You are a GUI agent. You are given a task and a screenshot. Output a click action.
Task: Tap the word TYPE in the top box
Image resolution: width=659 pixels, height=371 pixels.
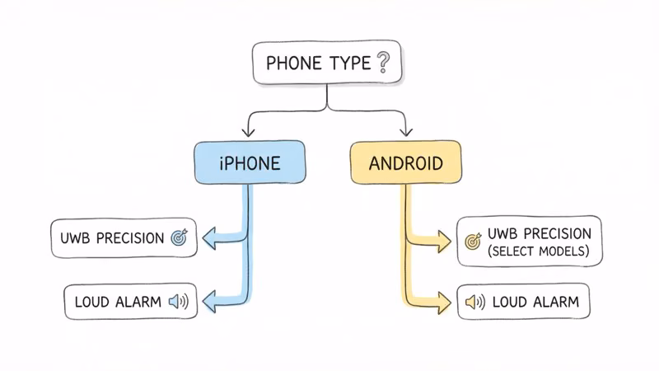pos(350,63)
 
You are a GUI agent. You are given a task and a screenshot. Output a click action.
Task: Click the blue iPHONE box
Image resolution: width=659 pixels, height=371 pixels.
pos(249,162)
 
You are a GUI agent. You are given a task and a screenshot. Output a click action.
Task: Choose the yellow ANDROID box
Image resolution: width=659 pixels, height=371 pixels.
pos(406,162)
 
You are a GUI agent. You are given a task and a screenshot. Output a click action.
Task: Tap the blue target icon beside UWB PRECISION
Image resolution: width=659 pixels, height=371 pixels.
pos(179,238)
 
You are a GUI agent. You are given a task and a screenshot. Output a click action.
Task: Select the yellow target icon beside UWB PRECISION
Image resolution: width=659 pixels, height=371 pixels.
pos(472,241)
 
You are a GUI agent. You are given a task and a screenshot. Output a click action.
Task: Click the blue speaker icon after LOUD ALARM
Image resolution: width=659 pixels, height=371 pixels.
pos(178,302)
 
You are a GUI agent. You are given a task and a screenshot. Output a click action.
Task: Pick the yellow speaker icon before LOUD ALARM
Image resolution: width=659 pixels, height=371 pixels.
pos(474,303)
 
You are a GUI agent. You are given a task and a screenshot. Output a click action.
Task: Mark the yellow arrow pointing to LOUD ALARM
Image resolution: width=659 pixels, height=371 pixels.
pos(442,303)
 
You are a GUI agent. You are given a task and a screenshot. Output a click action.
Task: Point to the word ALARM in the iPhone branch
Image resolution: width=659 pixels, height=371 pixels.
pos(138,303)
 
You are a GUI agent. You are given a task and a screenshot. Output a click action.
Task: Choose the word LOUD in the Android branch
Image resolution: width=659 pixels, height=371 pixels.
pos(511,303)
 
